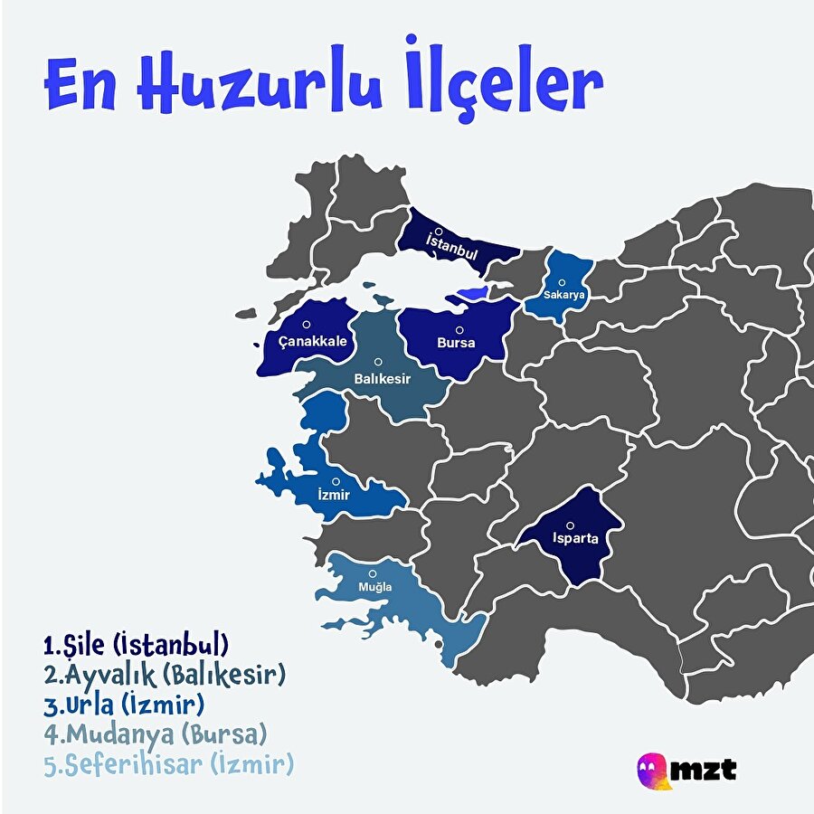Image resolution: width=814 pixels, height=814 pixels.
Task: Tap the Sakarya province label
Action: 565,295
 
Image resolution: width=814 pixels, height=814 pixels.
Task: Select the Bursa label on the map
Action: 456,344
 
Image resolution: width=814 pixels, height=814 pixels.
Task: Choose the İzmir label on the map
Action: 334,496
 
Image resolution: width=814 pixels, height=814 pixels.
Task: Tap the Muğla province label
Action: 375,587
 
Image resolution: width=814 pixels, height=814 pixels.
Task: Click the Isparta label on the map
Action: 570,540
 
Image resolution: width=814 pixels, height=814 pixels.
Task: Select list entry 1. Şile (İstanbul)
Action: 136,646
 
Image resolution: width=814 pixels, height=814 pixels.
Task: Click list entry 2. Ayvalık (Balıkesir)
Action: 165,675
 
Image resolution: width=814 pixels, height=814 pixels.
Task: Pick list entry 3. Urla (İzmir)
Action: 125,704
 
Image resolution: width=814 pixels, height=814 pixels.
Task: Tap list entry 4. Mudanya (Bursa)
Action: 156,733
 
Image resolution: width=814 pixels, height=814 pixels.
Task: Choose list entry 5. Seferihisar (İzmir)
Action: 169,764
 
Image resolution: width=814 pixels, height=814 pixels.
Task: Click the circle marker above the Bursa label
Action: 459,330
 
